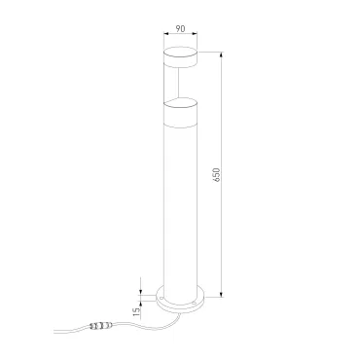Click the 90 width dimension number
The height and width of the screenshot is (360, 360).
tap(180, 29)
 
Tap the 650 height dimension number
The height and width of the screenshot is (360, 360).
tap(217, 175)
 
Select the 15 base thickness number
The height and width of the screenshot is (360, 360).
tap(137, 311)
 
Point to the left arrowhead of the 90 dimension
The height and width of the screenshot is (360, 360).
tap(166, 33)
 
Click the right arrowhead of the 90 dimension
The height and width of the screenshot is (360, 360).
tap(195, 33)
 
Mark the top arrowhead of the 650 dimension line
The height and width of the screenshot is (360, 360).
tap(221, 54)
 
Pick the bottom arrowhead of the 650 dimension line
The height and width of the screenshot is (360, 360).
tap(221, 294)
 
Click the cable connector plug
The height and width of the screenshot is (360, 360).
tap(101, 324)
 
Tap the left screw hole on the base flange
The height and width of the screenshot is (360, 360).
tap(162, 297)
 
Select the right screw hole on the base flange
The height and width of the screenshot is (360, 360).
tap(194, 303)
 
